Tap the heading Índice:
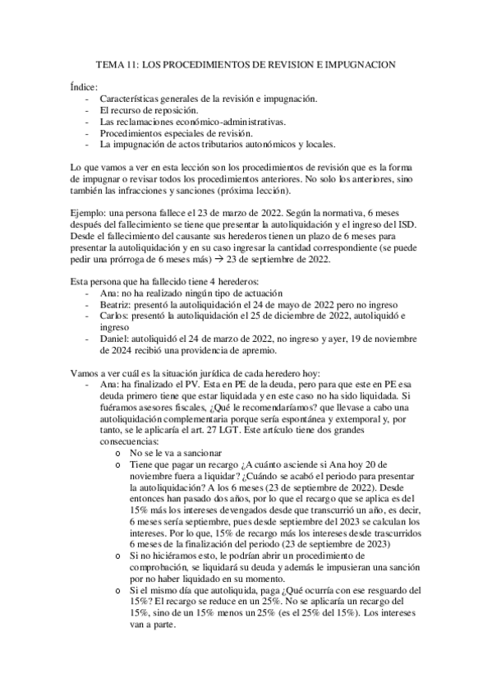click(x=84, y=85)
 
